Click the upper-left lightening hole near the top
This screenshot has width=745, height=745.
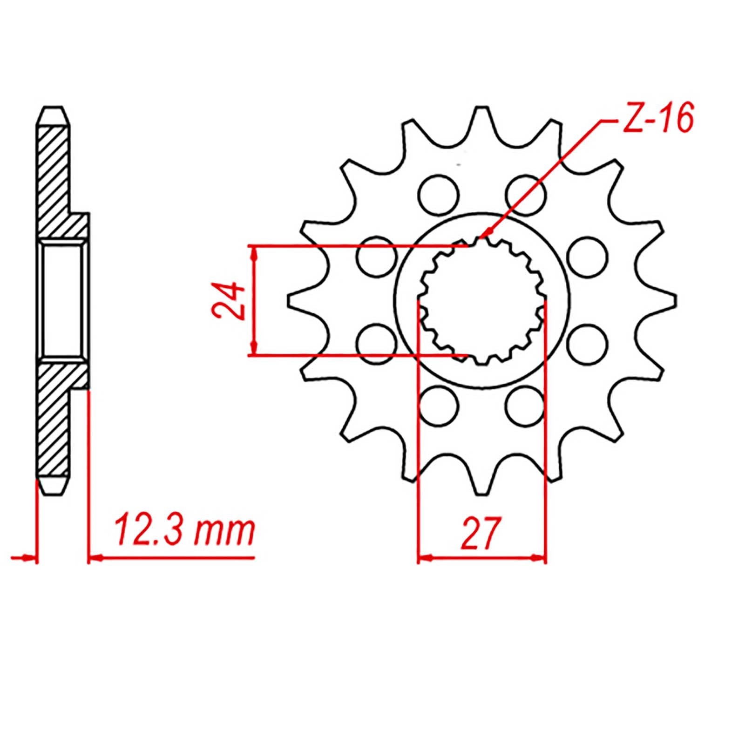(438, 195)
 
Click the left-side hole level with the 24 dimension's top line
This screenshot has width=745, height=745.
(377, 257)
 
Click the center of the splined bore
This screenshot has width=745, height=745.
(482, 300)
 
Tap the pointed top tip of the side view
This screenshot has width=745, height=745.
(53, 108)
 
